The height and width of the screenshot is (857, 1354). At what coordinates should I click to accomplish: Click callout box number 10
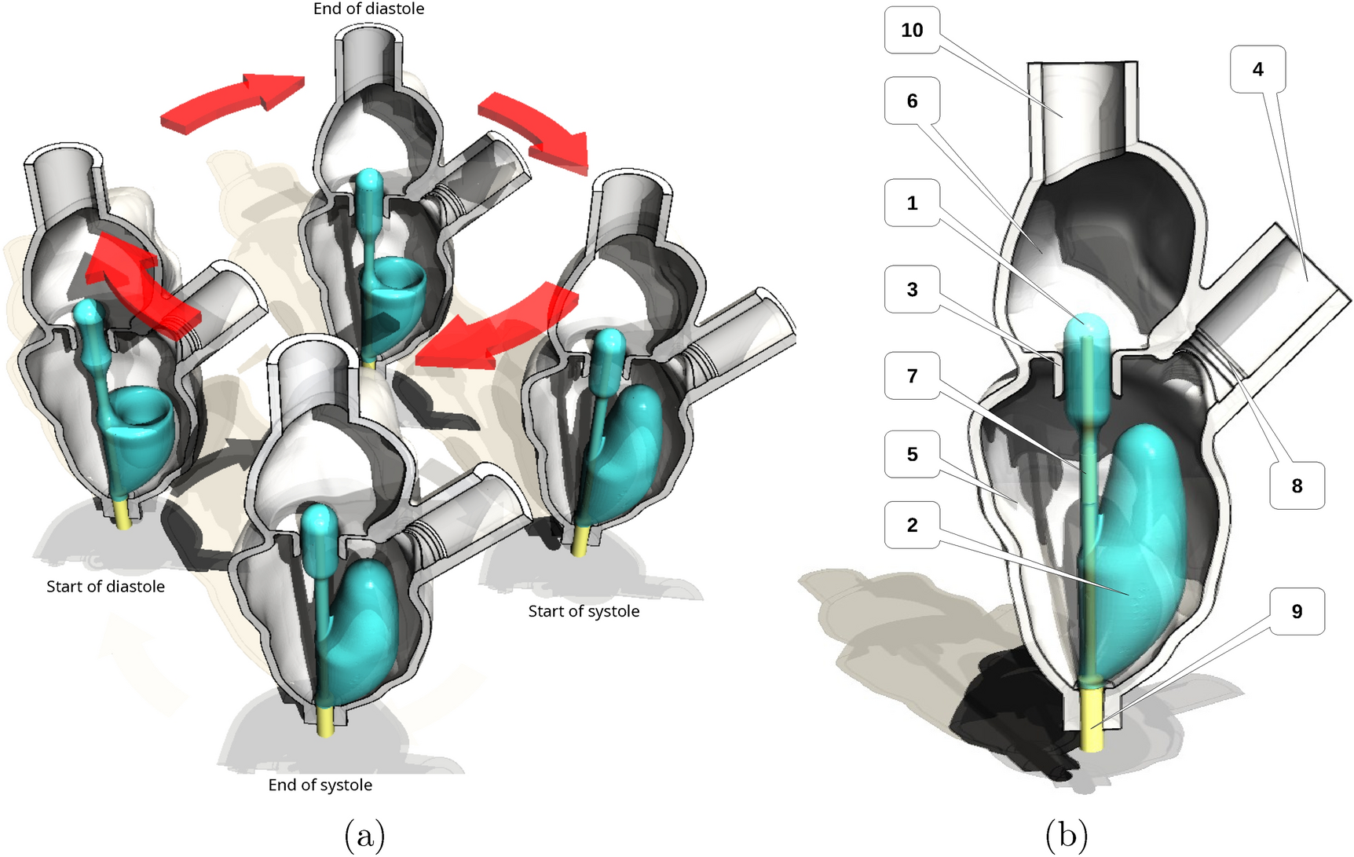click(x=912, y=31)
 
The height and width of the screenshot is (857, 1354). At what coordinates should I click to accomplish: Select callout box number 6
click(x=912, y=101)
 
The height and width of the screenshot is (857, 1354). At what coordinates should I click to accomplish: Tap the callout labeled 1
click(x=912, y=203)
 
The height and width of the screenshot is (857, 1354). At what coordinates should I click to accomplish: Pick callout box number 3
click(x=912, y=289)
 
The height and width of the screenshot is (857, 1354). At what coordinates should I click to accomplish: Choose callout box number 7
click(x=912, y=375)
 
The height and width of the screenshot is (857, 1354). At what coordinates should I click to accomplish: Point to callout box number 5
click(x=912, y=454)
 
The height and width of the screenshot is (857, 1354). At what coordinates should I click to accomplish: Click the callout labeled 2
click(x=912, y=525)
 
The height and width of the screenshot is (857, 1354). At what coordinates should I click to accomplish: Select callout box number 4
click(x=1257, y=69)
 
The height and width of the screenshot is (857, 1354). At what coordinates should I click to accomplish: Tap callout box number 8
click(x=1297, y=485)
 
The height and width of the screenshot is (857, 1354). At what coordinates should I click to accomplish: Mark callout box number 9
click(x=1297, y=611)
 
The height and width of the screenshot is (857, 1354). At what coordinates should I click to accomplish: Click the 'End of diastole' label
click(x=368, y=9)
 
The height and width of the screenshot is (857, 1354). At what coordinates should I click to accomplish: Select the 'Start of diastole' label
click(x=105, y=586)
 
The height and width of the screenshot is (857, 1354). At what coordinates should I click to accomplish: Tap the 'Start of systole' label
click(x=584, y=611)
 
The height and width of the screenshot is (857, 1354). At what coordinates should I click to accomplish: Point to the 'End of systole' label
click(x=320, y=785)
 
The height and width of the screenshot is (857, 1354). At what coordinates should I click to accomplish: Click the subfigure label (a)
click(x=364, y=834)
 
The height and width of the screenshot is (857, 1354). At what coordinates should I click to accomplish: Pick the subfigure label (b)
click(x=1067, y=834)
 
